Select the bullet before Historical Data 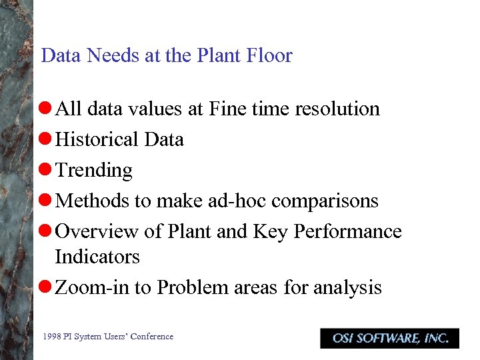click(x=47, y=140)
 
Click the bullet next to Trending click(x=47, y=171)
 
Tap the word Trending click(x=94, y=171)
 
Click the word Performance click(x=347, y=231)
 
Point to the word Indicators click(x=97, y=257)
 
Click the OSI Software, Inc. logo click(x=389, y=338)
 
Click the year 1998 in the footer click(x=51, y=337)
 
